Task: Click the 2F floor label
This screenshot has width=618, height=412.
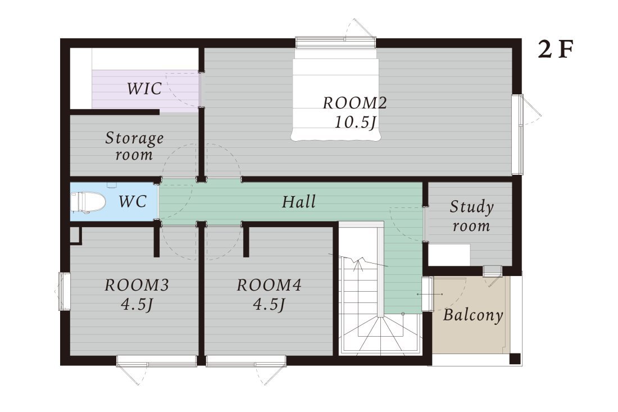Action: pos(555,49)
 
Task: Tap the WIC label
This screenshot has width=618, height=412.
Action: pos(144,88)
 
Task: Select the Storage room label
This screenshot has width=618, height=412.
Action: pos(134,146)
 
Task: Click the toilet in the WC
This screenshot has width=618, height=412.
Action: pos(88,202)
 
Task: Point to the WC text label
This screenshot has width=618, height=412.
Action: pos(133,201)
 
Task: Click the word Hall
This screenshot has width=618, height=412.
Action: pos(299,201)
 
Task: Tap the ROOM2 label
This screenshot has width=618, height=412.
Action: pos(355,103)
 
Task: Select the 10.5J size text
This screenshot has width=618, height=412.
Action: pos(355,122)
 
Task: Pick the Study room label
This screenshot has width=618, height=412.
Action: pos(471,216)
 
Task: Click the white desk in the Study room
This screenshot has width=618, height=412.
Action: pos(449,255)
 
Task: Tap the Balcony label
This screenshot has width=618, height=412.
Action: pos(472,315)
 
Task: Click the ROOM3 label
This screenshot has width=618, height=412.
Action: pos(137,284)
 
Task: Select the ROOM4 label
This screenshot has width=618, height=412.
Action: pos(269,284)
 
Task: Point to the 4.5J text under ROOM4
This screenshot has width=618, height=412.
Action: pos(269,304)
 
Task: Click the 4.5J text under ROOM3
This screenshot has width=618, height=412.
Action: pos(137,304)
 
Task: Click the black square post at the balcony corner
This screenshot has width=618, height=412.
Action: pos(515,359)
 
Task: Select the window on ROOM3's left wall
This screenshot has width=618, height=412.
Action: pos(64,291)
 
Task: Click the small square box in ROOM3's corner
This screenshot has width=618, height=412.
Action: pos(76,236)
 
